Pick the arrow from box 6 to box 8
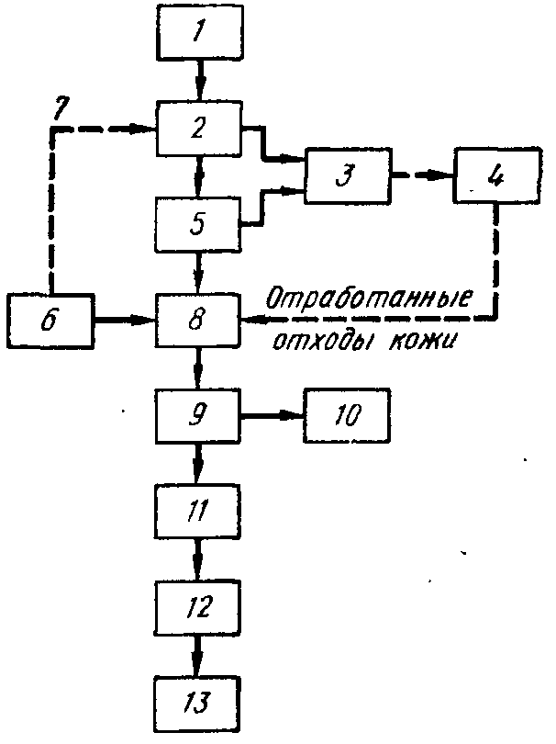(x=125, y=320)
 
